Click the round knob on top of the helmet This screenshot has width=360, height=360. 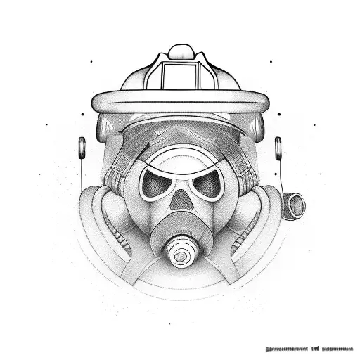[180, 51]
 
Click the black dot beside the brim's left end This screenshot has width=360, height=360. [83, 112]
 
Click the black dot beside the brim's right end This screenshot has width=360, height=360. [280, 112]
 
